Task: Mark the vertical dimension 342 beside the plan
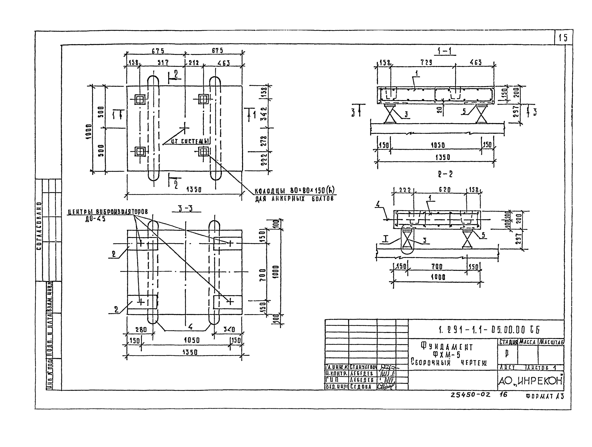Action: pyautogui.click(x=264, y=114)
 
